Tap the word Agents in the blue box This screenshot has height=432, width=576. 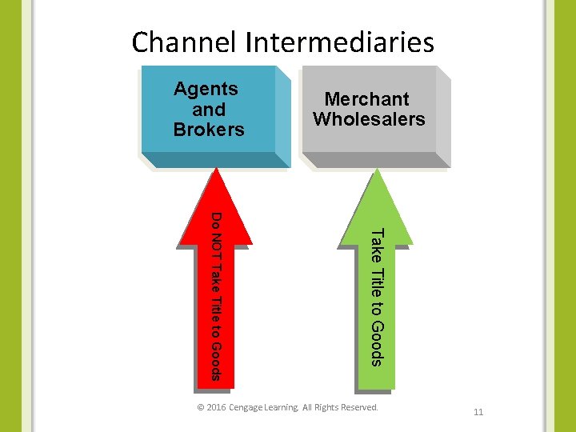(206, 89)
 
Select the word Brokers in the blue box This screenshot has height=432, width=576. (209, 130)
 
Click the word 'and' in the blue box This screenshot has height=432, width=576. (209, 110)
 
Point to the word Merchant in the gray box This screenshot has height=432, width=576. (366, 99)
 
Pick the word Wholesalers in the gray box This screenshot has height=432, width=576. (369, 120)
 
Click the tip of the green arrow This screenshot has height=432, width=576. (375, 170)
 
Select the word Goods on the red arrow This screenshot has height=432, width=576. (215, 362)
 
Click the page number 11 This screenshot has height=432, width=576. (478, 413)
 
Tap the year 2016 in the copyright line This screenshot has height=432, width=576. (215, 408)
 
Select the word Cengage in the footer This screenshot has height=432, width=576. (250, 408)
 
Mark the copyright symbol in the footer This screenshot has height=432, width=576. (200, 408)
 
